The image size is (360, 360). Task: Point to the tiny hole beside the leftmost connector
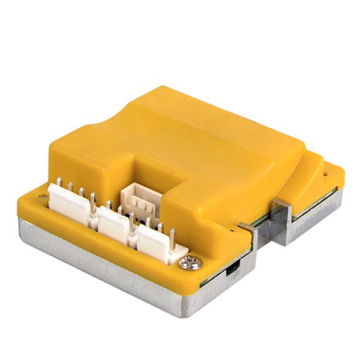pyautogui.click(x=44, y=196)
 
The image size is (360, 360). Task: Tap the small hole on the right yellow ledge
pyautogui.click(x=328, y=175)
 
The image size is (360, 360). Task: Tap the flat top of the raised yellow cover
pyautogui.click(x=198, y=132)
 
